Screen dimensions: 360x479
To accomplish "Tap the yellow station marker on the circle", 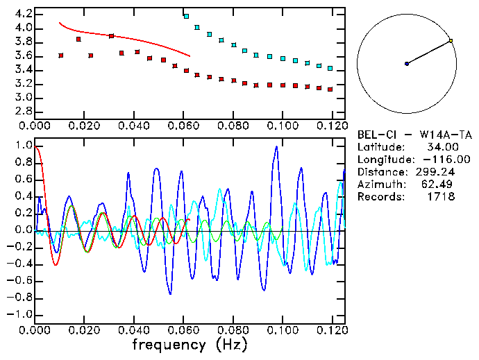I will tap(451, 41).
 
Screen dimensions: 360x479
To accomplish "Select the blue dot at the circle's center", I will tap(407, 64).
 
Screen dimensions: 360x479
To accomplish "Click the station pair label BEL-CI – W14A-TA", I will tap(419, 135).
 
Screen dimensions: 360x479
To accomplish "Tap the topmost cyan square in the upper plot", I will tap(186, 15).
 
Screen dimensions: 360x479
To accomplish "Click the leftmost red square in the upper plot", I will tap(61, 55).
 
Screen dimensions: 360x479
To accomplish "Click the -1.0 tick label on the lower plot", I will tap(21, 314).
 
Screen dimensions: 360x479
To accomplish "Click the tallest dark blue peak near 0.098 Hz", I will tap(276, 147).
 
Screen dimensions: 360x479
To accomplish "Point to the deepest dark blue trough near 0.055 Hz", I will tap(170, 293).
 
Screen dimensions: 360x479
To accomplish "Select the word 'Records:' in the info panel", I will tap(380, 197).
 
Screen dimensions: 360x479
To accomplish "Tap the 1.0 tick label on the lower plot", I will tap(23, 146).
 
